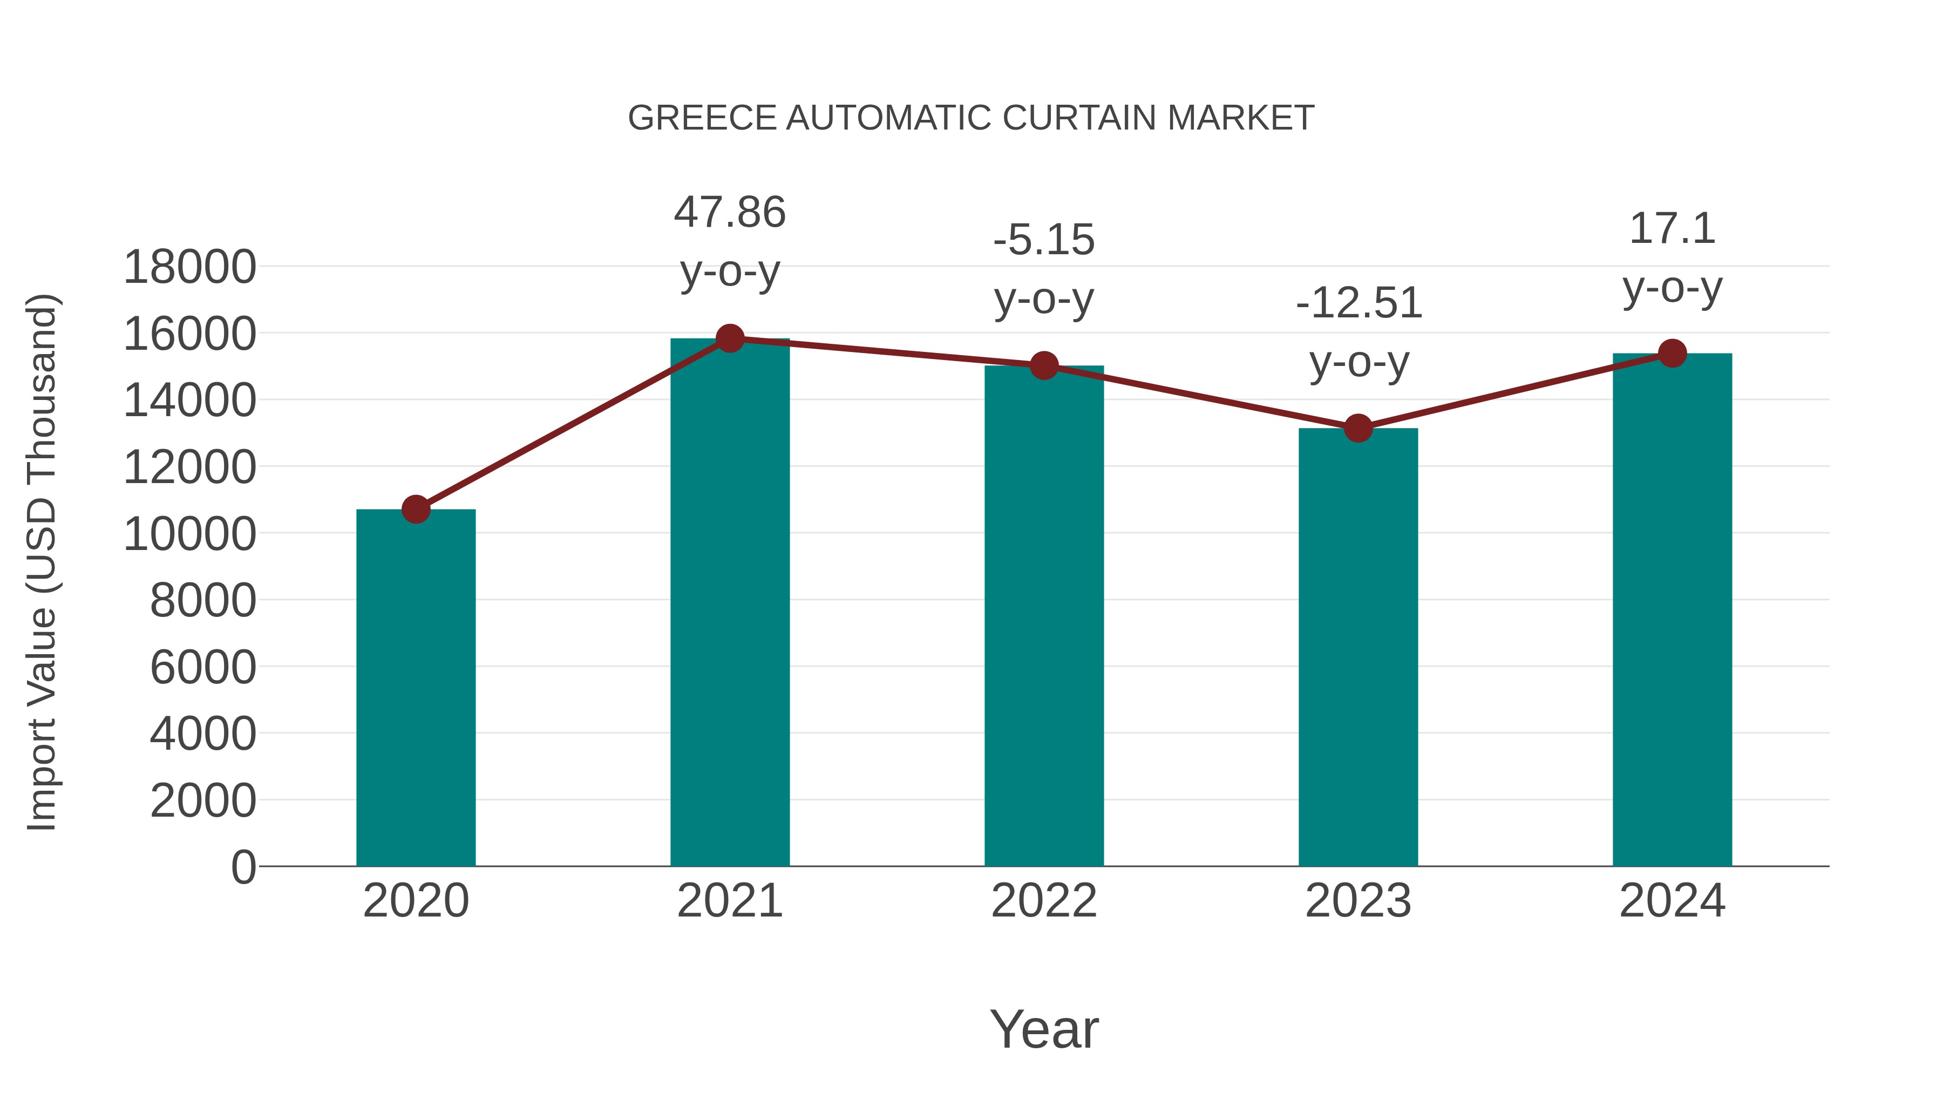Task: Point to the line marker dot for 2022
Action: tap(1044, 366)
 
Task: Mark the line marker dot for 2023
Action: tap(1358, 429)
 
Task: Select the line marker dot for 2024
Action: tap(1672, 353)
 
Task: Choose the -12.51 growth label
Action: tap(1358, 303)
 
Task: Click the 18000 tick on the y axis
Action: tap(189, 267)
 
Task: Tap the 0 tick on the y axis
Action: tap(243, 867)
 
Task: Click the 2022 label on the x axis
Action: tap(1044, 901)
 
